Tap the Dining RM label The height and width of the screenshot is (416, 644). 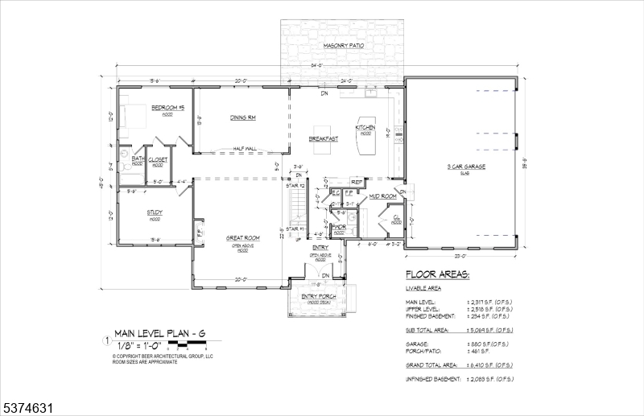point(242,118)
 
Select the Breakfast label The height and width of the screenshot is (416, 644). point(323,139)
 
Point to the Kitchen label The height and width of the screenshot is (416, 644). point(365,127)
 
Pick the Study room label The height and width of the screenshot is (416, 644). point(155,212)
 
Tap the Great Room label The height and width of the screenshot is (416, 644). point(242,237)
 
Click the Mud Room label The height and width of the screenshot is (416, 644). point(382,196)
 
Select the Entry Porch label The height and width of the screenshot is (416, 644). point(319,297)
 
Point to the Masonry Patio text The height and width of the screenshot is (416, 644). point(344,46)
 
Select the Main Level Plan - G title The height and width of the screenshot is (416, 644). point(159,332)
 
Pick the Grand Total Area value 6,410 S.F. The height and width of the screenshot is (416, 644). point(489,365)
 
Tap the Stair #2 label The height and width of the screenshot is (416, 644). point(295,186)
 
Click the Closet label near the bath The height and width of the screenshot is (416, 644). point(158,159)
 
